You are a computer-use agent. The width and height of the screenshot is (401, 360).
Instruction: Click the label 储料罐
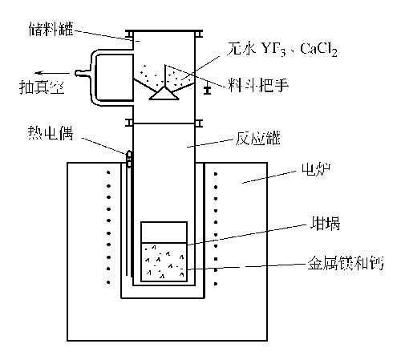tap(51, 29)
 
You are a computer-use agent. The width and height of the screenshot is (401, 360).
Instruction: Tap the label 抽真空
tap(42, 87)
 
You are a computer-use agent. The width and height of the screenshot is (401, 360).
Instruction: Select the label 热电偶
tap(51, 133)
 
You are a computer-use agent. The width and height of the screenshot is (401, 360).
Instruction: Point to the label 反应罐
tap(257, 139)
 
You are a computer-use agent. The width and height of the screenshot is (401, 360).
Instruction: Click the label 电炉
tap(316, 169)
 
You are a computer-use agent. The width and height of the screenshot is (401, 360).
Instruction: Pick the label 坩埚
tap(325, 224)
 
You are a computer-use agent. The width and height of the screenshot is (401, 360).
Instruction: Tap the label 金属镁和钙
tap(346, 263)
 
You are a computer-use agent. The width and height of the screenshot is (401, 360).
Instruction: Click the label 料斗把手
tap(258, 85)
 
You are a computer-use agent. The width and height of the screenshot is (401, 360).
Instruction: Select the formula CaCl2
tap(318, 50)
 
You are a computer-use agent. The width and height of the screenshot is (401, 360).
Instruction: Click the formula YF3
tap(273, 49)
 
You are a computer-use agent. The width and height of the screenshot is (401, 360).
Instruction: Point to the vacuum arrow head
tap(38, 73)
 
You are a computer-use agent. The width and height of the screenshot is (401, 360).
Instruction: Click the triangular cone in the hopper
tap(164, 93)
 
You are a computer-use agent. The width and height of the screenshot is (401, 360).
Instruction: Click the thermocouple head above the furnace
tap(129, 159)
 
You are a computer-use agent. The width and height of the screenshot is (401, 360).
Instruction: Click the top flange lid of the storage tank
tap(164, 31)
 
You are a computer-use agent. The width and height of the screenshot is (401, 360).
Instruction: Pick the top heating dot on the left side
tap(108, 172)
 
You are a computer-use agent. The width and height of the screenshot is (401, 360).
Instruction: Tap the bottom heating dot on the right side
tap(216, 284)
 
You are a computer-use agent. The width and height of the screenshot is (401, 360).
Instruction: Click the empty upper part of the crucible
tap(164, 233)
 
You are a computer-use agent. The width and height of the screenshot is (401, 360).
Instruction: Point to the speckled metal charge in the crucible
tap(164, 262)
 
